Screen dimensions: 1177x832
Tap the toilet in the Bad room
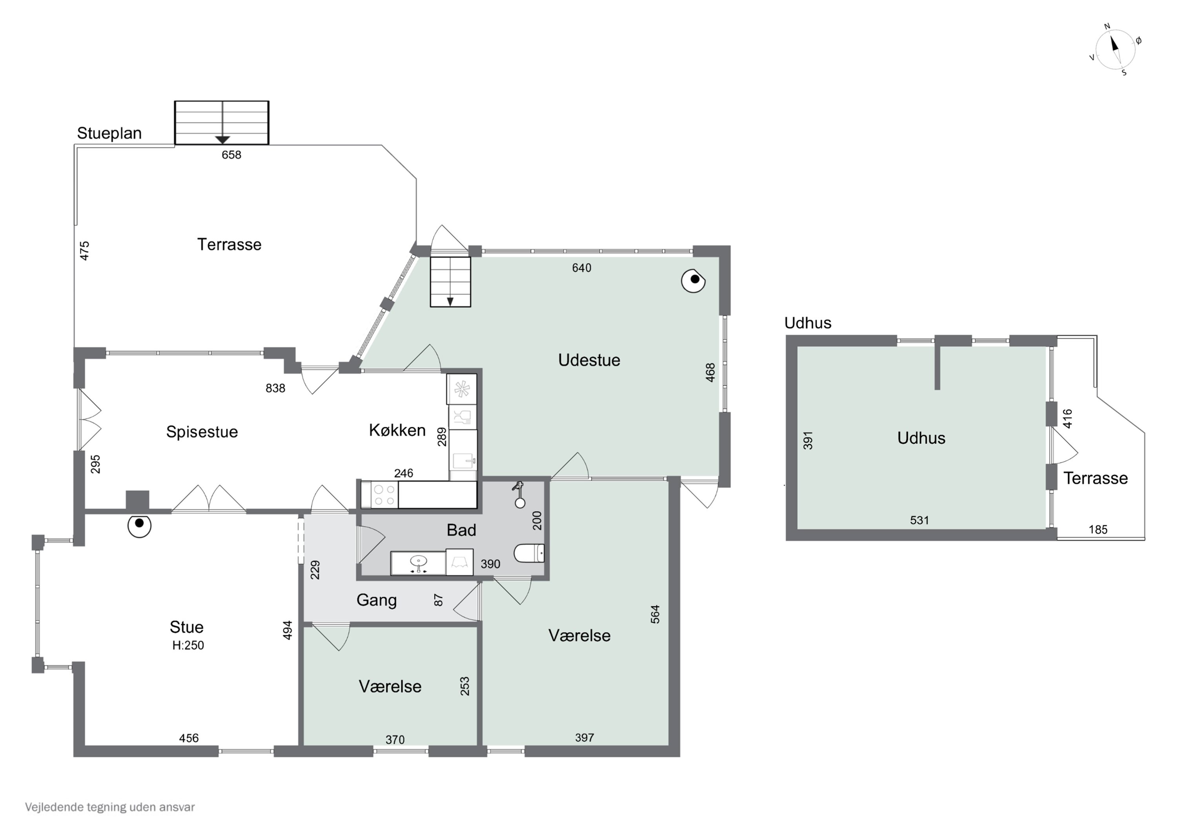[529, 553]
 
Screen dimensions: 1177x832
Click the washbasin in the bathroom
[419, 563]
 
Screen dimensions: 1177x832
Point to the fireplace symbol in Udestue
[693, 280]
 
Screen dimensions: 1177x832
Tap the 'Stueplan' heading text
[109, 133]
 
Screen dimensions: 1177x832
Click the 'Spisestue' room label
[202, 431]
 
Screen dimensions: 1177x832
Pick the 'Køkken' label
[397, 430]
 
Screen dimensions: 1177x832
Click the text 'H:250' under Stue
[188, 645]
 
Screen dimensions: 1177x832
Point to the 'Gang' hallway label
[377, 600]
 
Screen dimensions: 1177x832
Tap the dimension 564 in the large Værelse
[655, 614]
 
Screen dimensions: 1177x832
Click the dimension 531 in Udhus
[920, 520]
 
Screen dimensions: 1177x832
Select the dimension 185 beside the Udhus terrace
[1098, 530]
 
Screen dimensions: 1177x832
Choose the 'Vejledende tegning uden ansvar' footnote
[110, 807]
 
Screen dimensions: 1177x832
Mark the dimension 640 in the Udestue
[582, 268]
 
